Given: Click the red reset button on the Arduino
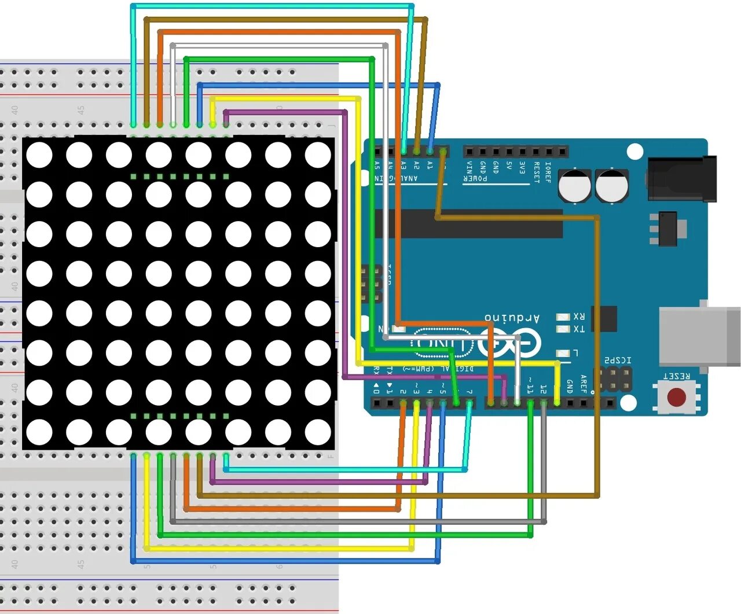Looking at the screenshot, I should pos(676,397).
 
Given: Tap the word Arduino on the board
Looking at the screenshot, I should pos(512,318).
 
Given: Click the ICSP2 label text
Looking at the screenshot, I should pos(618,361).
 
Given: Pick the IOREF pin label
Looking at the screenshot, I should pos(548,172).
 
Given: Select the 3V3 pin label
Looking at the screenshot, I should pos(522,168).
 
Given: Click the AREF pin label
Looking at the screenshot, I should pos(583,384).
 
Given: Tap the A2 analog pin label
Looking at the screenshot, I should pos(416,166).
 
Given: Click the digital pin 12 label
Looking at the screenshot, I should pos(544,389).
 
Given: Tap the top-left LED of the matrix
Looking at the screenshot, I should pos(39,155).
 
